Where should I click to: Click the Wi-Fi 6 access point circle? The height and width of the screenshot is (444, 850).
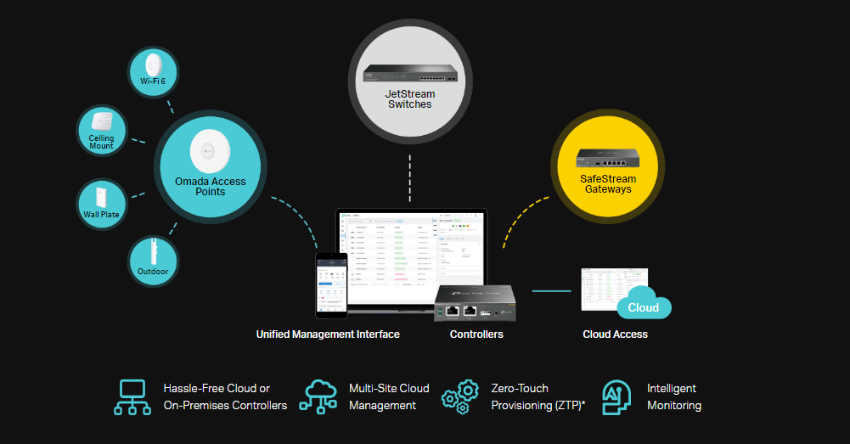click(154, 73)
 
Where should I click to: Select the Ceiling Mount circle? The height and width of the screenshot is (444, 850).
click(101, 131)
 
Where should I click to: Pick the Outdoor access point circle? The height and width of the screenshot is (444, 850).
click(153, 261)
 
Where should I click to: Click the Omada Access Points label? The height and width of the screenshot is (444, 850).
click(210, 186)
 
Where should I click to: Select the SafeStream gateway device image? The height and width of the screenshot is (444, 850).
click(607, 157)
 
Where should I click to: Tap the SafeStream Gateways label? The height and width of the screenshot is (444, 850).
click(607, 183)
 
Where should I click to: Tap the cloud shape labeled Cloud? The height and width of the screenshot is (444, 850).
click(645, 306)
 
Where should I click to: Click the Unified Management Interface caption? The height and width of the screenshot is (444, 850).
click(328, 334)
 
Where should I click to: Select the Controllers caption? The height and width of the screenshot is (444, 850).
click(476, 334)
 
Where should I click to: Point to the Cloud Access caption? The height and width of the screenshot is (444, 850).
click(615, 334)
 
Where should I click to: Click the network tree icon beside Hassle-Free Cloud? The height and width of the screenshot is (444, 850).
click(133, 396)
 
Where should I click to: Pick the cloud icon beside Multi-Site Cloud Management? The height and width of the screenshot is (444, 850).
click(318, 396)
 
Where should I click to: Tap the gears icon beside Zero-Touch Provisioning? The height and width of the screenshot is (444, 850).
click(461, 396)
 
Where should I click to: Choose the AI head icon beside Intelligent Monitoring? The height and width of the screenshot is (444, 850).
click(616, 396)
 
